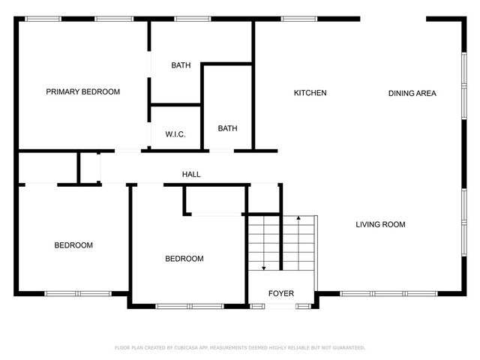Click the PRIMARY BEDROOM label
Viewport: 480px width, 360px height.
82,92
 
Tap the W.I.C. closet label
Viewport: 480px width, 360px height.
175,135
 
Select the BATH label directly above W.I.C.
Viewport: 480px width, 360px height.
181,65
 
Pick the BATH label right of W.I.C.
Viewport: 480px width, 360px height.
227,128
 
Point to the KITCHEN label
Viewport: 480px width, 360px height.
310,93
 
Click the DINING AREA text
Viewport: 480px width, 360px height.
412,94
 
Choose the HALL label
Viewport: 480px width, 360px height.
191,175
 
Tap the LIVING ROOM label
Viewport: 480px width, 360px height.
380,224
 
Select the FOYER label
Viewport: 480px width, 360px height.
281,293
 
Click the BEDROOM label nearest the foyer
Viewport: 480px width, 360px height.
184,259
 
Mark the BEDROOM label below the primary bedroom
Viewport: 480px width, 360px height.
73,245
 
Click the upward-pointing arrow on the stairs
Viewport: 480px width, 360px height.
299,218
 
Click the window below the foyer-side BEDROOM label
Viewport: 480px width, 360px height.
189,306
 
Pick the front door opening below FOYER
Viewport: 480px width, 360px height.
283,306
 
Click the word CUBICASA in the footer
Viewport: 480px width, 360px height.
191,348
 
